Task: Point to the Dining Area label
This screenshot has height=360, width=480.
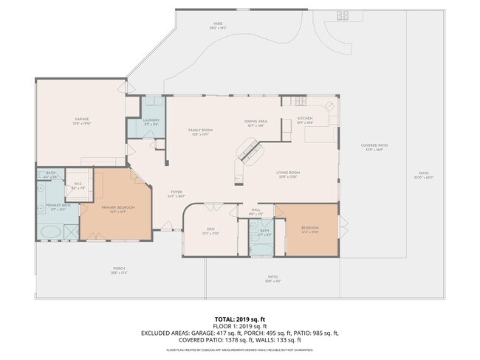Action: (256, 121)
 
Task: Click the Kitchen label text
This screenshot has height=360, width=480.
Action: (305, 118)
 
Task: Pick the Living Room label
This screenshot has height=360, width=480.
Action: (288, 173)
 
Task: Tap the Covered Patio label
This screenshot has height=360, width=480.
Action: (374, 145)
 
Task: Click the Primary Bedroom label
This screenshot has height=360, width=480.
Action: (118, 207)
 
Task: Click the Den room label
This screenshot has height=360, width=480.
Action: (210, 229)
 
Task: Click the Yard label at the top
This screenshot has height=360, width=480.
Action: (218, 24)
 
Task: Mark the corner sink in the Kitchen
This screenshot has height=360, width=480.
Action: (331, 107)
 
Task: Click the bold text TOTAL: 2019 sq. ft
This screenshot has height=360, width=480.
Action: (239, 318)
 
